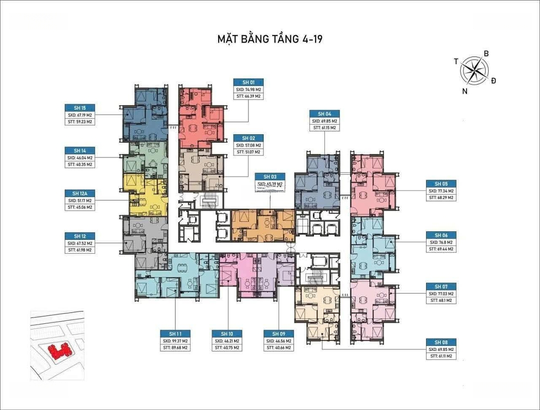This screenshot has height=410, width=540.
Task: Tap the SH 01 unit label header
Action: click(248, 83)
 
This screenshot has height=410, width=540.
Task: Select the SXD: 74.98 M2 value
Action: click(248, 90)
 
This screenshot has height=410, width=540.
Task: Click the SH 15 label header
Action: click(80, 108)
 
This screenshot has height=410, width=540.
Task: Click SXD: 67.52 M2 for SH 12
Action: click(80, 243)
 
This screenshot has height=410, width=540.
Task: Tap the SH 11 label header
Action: click(175, 334)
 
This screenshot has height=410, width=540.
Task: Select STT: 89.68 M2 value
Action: click(175, 348)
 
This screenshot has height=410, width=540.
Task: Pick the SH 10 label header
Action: click(226, 334)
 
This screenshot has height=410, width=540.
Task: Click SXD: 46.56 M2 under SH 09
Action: click(278, 341)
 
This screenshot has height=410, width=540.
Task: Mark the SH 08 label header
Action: click(440, 342)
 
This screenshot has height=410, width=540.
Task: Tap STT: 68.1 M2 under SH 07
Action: click(440, 300)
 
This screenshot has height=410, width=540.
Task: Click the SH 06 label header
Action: click(440, 235)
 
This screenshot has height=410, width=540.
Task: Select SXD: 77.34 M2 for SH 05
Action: click(440, 191)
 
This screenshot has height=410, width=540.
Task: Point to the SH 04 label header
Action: click(324, 114)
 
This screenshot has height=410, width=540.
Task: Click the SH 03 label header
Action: click(270, 177)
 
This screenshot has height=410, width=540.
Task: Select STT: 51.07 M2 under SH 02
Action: click(248, 152)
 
